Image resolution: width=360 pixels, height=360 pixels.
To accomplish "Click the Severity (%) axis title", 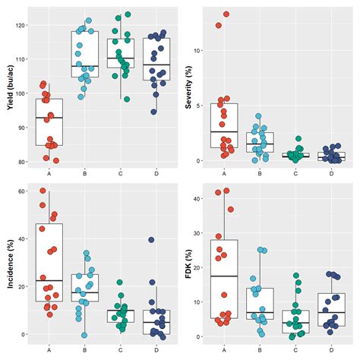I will (x=189, y=87).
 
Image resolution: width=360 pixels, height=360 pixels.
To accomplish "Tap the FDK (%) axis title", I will (x=189, y=262).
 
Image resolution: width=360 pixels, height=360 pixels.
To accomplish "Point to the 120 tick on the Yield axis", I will (x=22, y=25).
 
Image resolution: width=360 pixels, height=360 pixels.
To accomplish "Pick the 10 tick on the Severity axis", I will (x=200, y=50).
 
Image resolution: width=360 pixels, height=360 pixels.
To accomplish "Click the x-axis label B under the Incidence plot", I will (x=85, y=349).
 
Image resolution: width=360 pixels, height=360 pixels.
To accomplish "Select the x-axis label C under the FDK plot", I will (x=295, y=349).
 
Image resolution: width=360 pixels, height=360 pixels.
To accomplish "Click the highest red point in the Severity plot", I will (x=226, y=14).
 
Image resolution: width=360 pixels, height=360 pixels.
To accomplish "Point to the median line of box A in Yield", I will (x=49, y=118).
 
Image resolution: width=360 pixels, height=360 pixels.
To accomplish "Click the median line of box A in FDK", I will (x=225, y=276).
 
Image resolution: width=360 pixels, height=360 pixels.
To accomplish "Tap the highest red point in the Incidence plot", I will (x=43, y=191).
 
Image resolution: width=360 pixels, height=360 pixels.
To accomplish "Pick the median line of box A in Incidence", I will (x=49, y=280).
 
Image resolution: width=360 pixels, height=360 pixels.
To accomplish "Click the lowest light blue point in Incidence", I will (x=85, y=335).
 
